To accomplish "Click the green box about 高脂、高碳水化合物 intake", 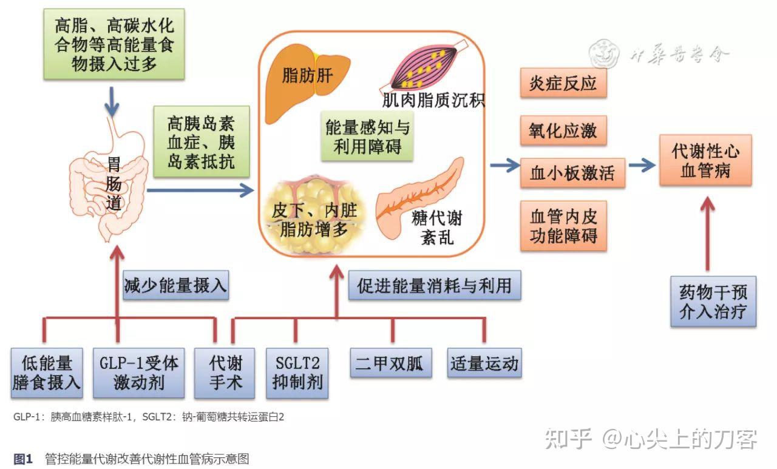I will point(114,44).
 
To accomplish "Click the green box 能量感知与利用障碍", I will point(367,137).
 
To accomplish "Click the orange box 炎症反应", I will point(563,84).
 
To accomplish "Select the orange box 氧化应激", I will point(563,130).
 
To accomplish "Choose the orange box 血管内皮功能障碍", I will point(563,226).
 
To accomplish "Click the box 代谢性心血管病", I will point(705,160).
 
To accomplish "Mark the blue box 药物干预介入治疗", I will point(713,302).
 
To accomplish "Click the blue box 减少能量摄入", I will point(175,285).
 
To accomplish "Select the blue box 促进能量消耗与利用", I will point(435,285).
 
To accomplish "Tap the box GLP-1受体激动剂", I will point(138,373).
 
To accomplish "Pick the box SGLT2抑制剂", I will point(297,373).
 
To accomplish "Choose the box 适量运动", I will point(484,364).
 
